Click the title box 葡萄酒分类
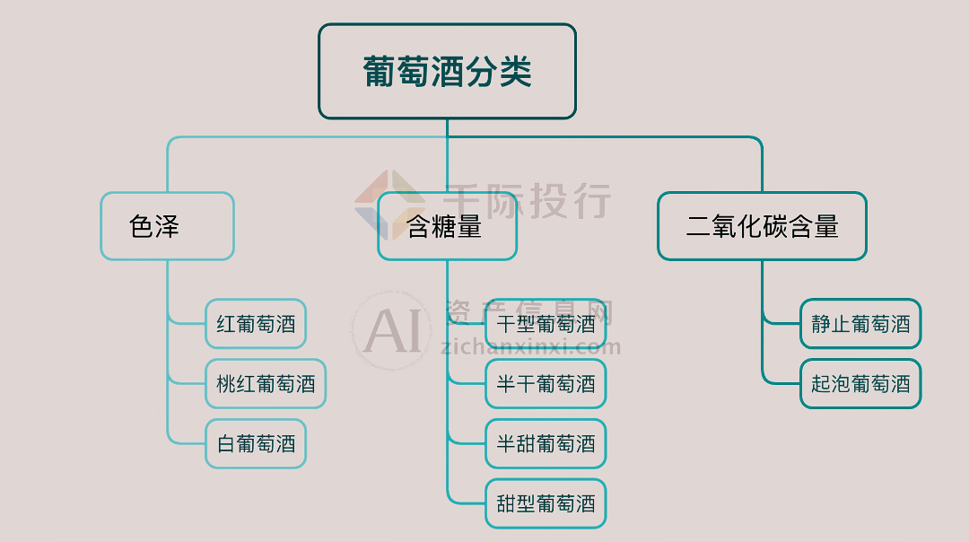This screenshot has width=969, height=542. click(447, 71)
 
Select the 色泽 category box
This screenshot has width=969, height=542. click(167, 226)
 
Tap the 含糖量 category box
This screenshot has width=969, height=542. click(447, 226)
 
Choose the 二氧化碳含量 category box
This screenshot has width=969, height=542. click(762, 226)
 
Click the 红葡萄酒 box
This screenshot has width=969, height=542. click(256, 323)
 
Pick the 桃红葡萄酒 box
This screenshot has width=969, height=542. click(266, 384)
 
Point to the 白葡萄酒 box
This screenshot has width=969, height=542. click(256, 443)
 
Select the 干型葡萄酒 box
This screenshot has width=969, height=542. click(546, 323)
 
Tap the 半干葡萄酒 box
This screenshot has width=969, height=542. click(546, 384)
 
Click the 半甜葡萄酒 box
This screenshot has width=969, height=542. click(546, 443)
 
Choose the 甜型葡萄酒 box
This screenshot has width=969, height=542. click(546, 503)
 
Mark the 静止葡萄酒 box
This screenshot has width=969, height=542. click(860, 323)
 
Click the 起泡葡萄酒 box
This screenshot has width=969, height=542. click(860, 384)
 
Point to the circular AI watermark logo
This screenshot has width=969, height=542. click(391, 330)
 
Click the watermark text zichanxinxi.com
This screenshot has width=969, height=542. click(531, 347)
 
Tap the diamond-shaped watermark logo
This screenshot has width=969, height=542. click(389, 205)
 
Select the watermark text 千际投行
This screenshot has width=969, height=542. click(528, 201)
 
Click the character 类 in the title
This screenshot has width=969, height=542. click(515, 72)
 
